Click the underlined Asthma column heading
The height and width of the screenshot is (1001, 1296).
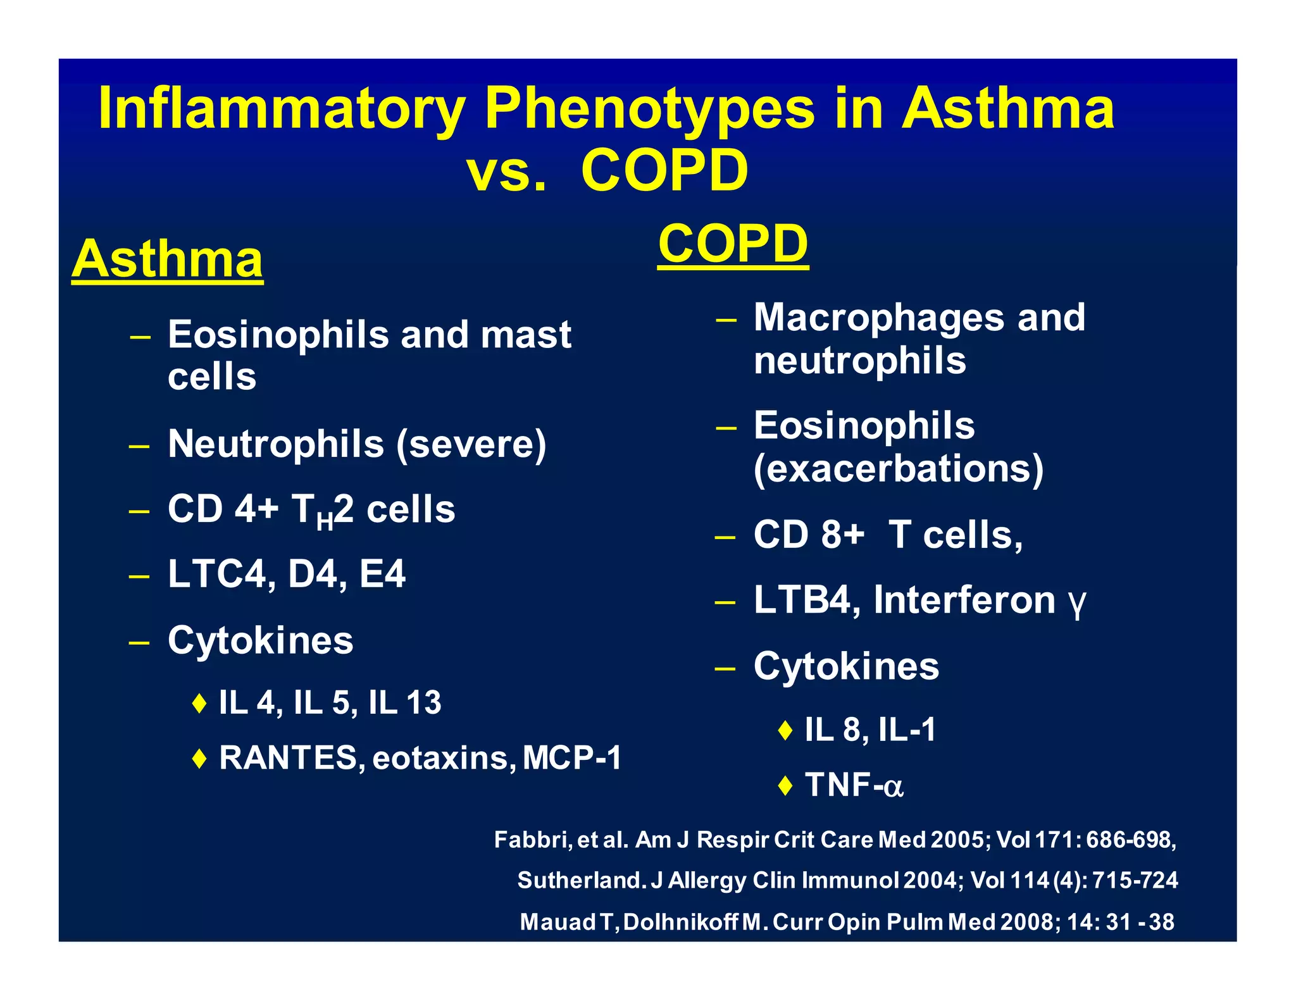(x=167, y=259)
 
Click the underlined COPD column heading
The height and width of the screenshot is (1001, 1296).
(x=733, y=244)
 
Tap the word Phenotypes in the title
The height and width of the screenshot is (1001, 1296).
(x=649, y=109)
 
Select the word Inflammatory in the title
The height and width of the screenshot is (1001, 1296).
(x=282, y=109)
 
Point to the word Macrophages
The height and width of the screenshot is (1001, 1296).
(x=878, y=317)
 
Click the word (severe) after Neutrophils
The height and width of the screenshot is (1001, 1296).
(x=471, y=444)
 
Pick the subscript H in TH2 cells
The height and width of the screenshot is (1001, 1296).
(x=324, y=522)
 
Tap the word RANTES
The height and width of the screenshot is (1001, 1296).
(x=288, y=757)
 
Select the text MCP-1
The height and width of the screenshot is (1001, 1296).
(x=572, y=757)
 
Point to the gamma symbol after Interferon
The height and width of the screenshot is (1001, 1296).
(x=1076, y=602)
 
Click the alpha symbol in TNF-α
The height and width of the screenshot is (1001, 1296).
(x=893, y=786)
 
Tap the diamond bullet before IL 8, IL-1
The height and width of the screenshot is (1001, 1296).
(x=785, y=730)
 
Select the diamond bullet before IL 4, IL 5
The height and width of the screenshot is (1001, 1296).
(x=199, y=703)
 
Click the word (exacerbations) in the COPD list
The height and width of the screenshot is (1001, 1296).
(x=898, y=469)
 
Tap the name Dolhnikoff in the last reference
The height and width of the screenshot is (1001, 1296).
(x=680, y=922)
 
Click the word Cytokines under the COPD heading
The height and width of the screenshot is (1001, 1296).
(x=846, y=666)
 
